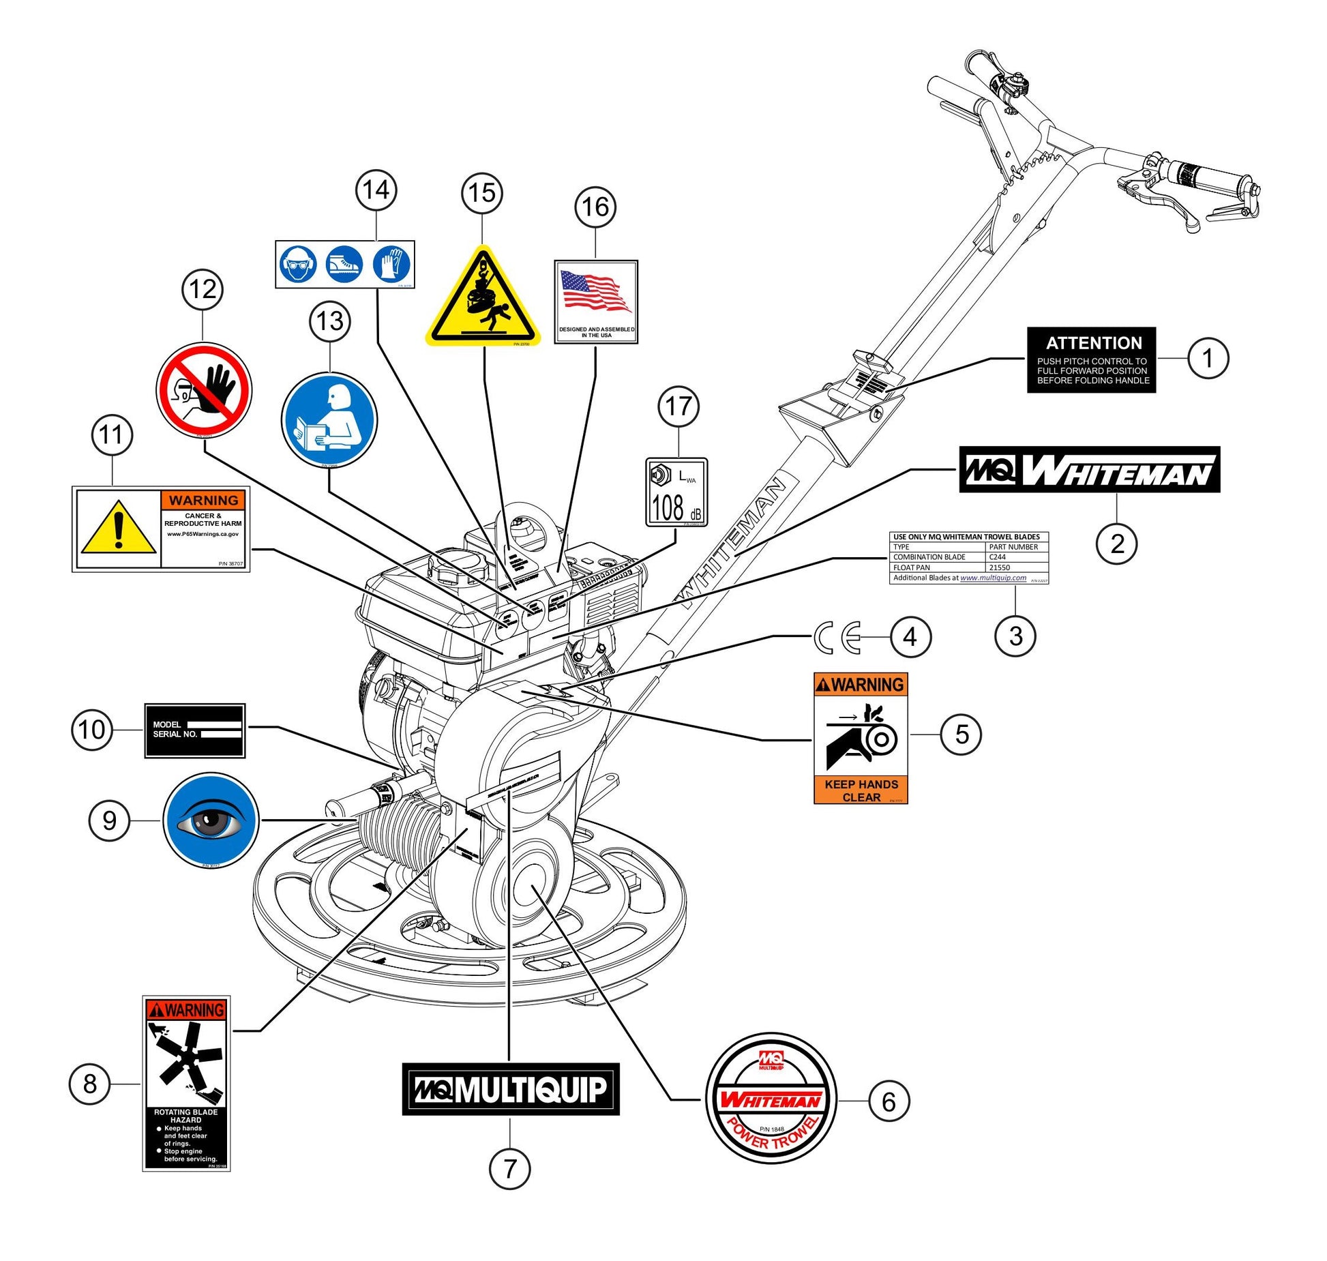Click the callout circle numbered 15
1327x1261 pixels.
tap(482, 193)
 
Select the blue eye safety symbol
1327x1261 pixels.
tap(211, 820)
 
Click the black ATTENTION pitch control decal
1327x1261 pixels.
tap(1091, 359)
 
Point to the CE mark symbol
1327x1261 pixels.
tap(837, 638)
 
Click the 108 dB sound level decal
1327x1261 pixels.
tap(676, 492)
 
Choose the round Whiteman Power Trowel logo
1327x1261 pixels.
tap(771, 1097)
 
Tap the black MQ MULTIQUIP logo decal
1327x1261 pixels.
tap(511, 1088)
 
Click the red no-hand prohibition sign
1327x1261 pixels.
tap(204, 390)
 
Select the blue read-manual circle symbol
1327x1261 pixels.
tap(329, 419)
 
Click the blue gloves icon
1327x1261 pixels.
tap(392, 264)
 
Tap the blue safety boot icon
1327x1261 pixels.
tap(344, 264)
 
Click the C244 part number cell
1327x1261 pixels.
tap(1016, 557)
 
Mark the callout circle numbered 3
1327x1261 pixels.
tap(1015, 636)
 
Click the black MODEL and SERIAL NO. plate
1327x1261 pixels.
tap(194, 730)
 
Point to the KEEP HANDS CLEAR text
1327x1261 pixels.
tap(861, 790)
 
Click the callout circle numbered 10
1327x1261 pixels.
tap(91, 730)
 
